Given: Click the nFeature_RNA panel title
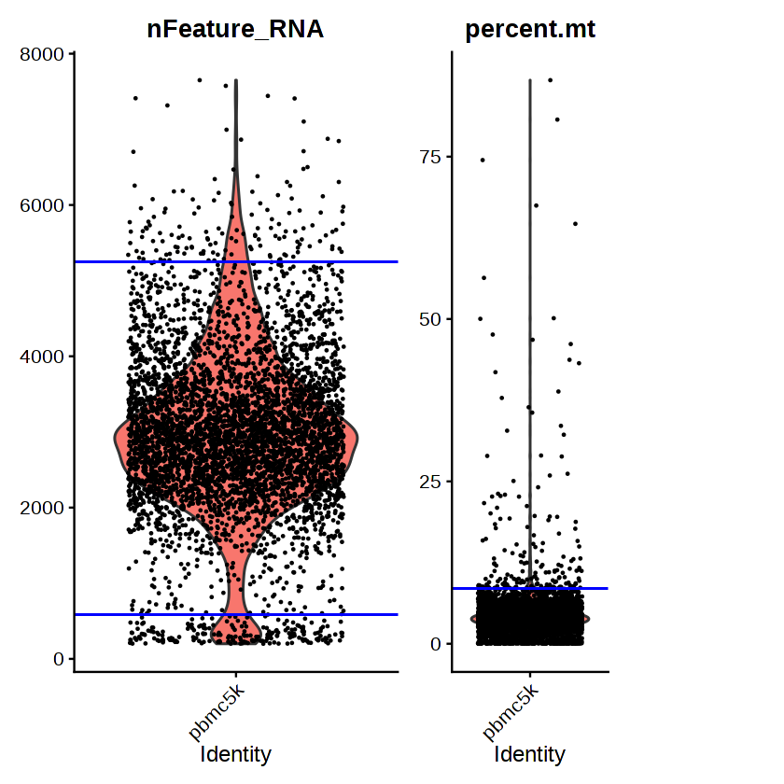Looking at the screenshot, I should (235, 29).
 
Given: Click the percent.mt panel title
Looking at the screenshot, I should (530, 29).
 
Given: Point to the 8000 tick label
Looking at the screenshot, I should (44, 54).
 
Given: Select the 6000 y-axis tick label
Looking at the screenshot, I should (44, 205).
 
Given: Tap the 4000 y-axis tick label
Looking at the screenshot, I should (44, 357).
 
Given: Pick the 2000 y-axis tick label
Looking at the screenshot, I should (44, 508).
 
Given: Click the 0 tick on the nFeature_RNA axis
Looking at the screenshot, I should (58, 659).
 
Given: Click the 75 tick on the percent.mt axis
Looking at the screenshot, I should (429, 157).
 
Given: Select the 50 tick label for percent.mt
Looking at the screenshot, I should (429, 319).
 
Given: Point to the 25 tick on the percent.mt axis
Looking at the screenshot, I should (429, 482).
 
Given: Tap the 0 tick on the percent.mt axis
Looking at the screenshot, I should (435, 644).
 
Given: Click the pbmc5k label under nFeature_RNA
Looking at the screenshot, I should (217, 711).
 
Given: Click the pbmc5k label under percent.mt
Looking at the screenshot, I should (511, 711).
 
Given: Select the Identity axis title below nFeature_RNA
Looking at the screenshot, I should (235, 754).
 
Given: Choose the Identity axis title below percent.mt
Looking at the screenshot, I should (530, 754).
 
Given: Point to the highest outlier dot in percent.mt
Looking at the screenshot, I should (551, 80).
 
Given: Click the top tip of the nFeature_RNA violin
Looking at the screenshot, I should (235, 81).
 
